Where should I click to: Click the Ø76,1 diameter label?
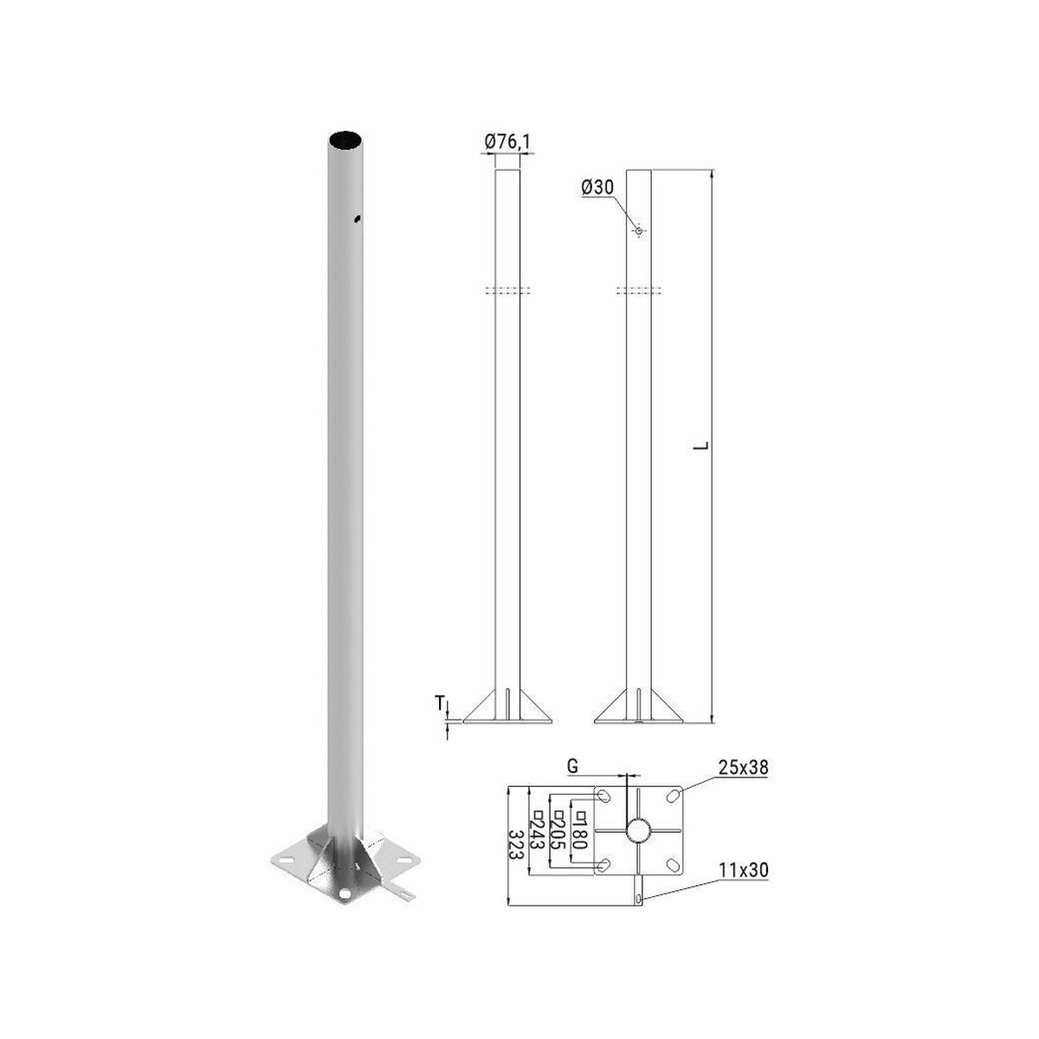pyautogui.click(x=507, y=142)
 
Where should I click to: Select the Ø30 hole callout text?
pyautogui.click(x=598, y=187)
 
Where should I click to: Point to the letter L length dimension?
pyautogui.click(x=700, y=445)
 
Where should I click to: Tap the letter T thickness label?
pyautogui.click(x=441, y=702)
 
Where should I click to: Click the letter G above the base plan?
pyautogui.click(x=572, y=765)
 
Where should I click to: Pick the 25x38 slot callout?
pyautogui.click(x=742, y=768)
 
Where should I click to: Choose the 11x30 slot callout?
pyautogui.click(x=742, y=870)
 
